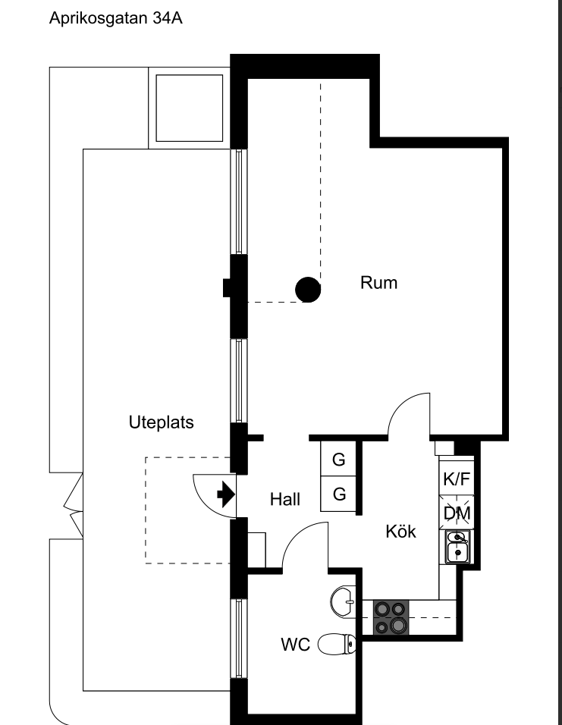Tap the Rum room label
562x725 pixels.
(x=378, y=284)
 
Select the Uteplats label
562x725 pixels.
(x=161, y=422)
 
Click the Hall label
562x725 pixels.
(x=285, y=500)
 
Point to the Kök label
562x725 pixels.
(x=400, y=532)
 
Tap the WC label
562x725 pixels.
(x=295, y=645)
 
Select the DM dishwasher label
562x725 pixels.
(x=456, y=513)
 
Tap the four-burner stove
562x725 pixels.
(x=391, y=617)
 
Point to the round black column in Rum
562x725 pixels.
(x=307, y=288)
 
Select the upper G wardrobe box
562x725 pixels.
(x=338, y=459)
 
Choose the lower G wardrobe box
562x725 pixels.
(x=338, y=494)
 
